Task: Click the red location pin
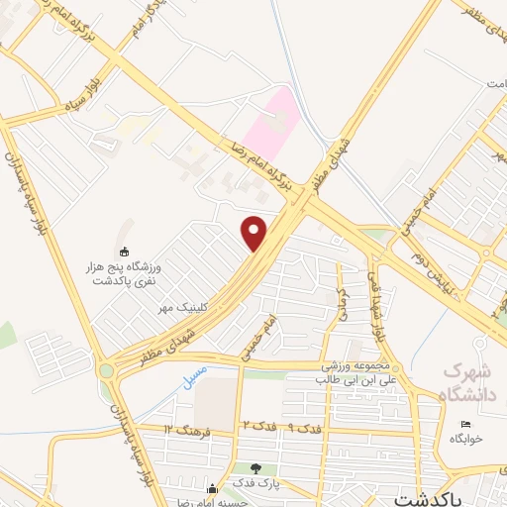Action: click(254, 233)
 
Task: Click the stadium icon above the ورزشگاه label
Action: click(122, 252)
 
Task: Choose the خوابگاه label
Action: click(465, 437)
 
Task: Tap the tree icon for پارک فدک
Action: click(257, 467)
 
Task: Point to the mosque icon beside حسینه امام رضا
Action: click(210, 488)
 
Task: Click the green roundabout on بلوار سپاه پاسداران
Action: click(107, 370)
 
